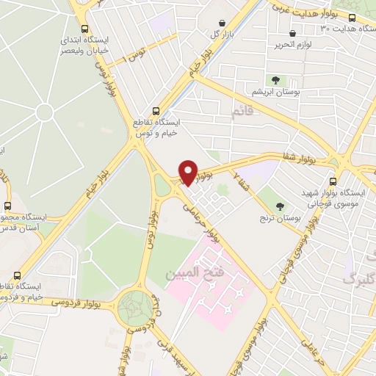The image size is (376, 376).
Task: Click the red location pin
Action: click(x=189, y=172)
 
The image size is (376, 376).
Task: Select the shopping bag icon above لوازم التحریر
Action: click(x=294, y=33)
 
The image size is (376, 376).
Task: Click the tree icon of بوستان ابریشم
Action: click(x=275, y=80)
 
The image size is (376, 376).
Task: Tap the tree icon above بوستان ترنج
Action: click(x=279, y=207)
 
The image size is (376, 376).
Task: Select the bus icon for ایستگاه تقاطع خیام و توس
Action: click(x=154, y=110)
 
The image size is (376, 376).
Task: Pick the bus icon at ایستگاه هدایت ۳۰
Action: click(x=352, y=18)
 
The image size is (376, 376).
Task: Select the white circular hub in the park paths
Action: click(x=44, y=112)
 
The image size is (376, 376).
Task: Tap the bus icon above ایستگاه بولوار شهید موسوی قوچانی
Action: click(x=333, y=181)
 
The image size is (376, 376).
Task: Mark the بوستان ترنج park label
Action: click(x=279, y=219)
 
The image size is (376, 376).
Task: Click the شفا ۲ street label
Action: click(x=242, y=177)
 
